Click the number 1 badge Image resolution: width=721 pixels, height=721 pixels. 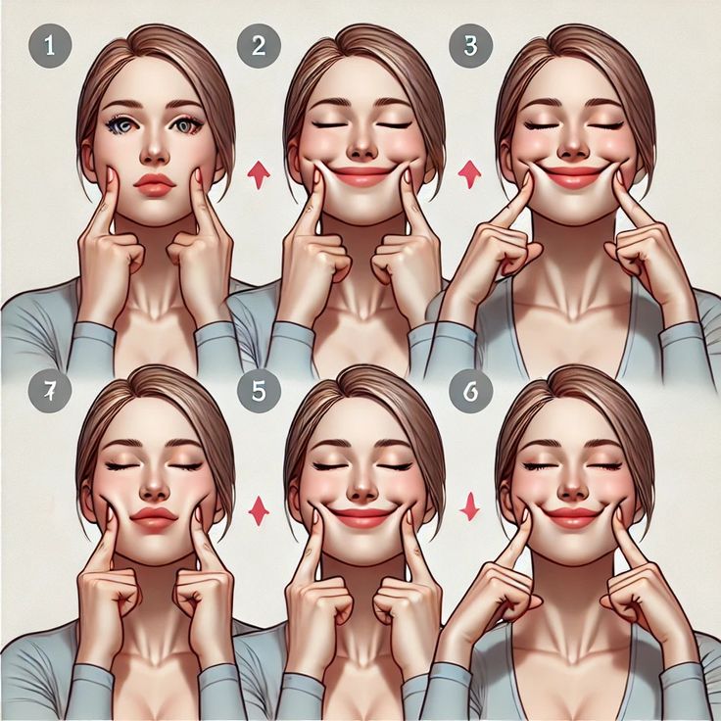pyautogui.click(x=50, y=46)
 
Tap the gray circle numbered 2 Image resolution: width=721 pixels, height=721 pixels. pyautogui.click(x=259, y=46)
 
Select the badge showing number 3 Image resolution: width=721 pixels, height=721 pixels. pyautogui.click(x=470, y=46)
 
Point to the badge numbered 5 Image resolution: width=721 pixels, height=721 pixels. pyautogui.click(x=259, y=391)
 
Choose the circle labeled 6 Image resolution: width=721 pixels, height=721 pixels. pyautogui.click(x=470, y=391)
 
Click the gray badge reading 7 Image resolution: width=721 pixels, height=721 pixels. pyautogui.click(x=50, y=391)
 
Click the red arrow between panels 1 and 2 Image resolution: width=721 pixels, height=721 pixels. pyautogui.click(x=259, y=175)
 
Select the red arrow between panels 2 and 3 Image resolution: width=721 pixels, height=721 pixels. pyautogui.click(x=470, y=174)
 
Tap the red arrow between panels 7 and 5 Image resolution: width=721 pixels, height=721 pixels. pyautogui.click(x=259, y=510)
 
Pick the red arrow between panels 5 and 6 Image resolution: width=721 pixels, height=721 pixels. pyautogui.click(x=470, y=506)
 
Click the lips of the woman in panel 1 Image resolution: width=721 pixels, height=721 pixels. pyautogui.click(x=155, y=185)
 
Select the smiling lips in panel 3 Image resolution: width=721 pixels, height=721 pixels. pyautogui.click(x=572, y=176)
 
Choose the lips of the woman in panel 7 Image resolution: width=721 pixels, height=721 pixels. pyautogui.click(x=154, y=519)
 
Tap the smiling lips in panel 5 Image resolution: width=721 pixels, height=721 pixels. pyautogui.click(x=361, y=517)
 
